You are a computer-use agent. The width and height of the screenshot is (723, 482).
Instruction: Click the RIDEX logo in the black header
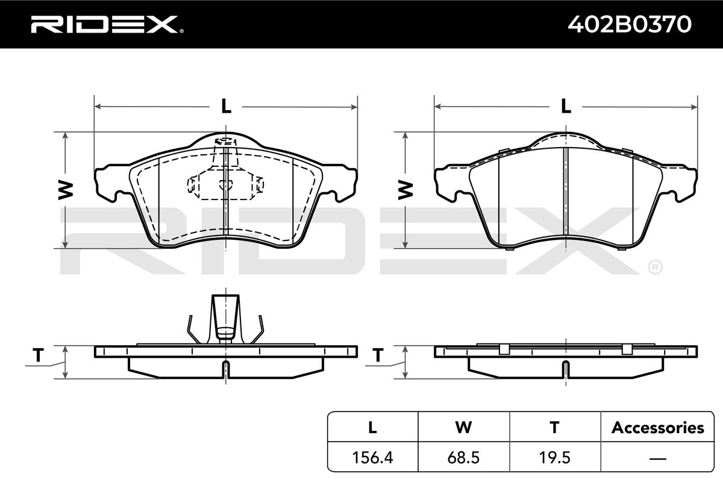pos(107,25)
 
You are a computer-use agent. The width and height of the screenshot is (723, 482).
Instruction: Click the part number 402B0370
pos(630,25)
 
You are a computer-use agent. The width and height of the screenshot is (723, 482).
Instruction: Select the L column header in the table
pos(372,427)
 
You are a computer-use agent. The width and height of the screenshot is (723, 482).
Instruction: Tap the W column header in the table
pos(463,427)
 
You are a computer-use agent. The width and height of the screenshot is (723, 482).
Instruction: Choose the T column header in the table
pos(554,427)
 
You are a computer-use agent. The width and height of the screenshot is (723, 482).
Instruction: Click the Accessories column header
pos(657,427)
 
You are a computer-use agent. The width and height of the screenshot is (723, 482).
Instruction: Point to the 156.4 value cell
pos(372,457)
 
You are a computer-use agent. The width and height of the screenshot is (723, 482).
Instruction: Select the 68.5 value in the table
pos(463,457)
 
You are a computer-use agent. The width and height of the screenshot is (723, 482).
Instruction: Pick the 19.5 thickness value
pos(554,457)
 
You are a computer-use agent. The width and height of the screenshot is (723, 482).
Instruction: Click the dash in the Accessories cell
pos(657,459)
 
